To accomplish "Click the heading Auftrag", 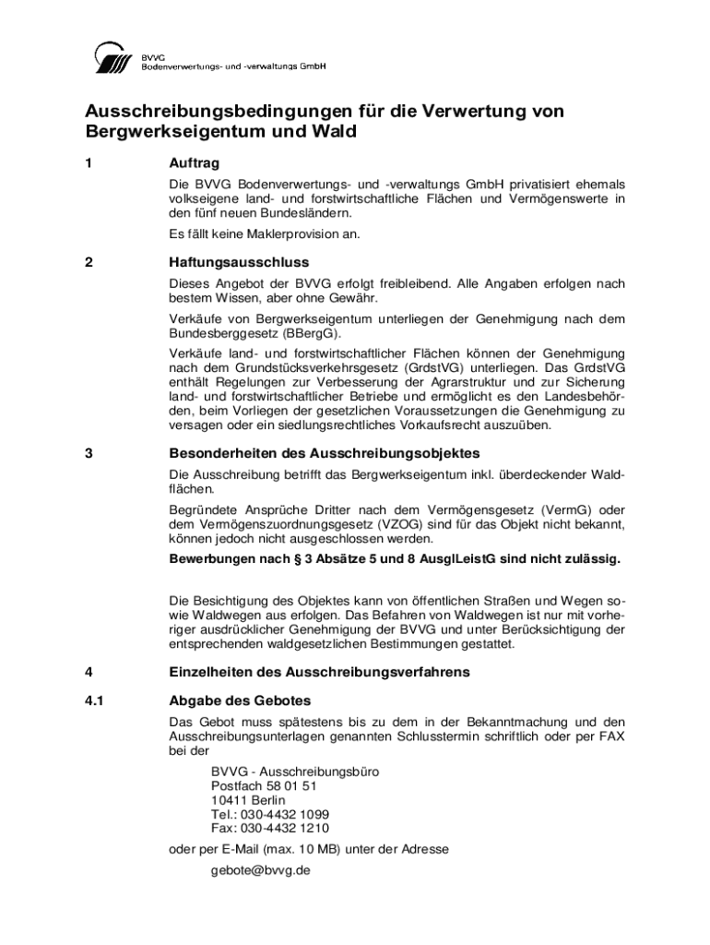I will coord(194,163).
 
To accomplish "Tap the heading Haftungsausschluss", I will coord(238,262).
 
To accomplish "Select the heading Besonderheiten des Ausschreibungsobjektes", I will coord(325,453).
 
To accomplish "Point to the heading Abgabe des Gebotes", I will coord(241,700).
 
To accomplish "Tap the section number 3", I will coord(89,453).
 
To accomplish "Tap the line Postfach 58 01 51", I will coord(264,786).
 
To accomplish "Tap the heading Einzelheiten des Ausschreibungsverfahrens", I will coord(319,672).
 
